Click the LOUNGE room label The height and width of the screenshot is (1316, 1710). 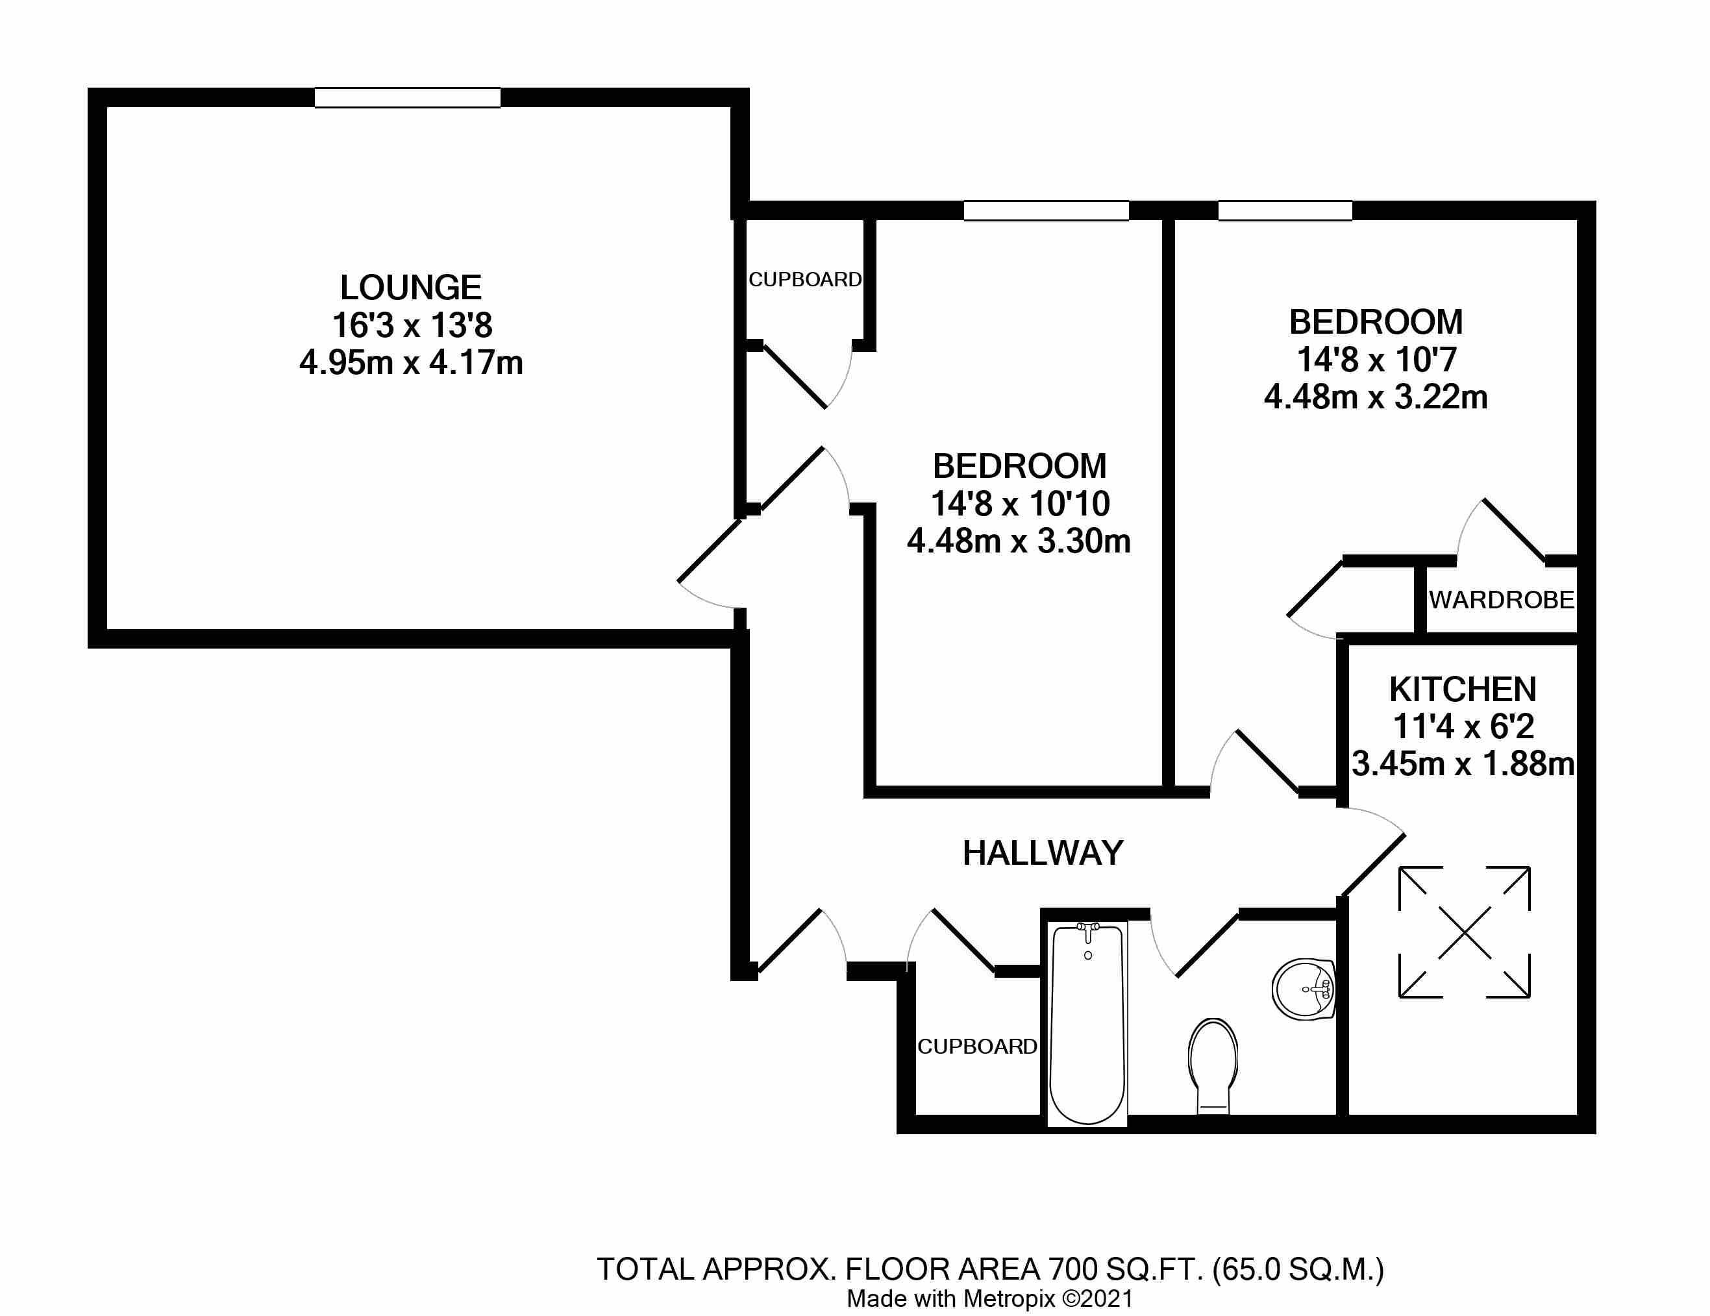click(x=410, y=288)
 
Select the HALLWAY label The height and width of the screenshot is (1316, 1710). click(x=1042, y=853)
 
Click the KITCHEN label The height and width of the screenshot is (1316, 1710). click(x=1462, y=689)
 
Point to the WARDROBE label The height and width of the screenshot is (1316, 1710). click(x=1501, y=601)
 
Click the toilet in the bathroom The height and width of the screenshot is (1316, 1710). click(x=1213, y=1064)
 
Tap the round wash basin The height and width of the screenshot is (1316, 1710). click(x=1303, y=989)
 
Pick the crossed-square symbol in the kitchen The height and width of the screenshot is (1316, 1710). click(x=1463, y=932)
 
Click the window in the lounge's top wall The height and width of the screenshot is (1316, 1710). click(x=407, y=98)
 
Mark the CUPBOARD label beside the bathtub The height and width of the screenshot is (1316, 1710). click(x=976, y=1047)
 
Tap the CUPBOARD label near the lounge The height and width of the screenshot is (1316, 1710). click(x=804, y=279)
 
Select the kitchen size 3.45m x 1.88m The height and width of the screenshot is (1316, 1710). click(x=1462, y=764)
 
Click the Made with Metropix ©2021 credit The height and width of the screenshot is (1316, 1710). click(x=989, y=1298)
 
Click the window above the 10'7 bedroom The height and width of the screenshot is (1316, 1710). click(x=1284, y=210)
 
